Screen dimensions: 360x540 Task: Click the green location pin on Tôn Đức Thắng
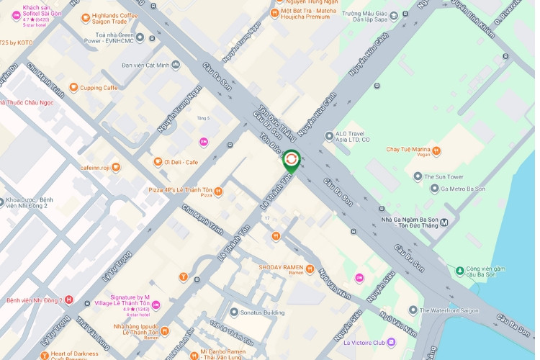click(291, 160)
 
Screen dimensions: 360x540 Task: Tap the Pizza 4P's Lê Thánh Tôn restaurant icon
click(218, 192)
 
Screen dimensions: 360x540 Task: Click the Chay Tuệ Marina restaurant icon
click(437, 152)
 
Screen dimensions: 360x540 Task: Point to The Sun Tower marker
click(418, 176)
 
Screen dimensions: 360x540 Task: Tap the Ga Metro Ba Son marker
click(434, 189)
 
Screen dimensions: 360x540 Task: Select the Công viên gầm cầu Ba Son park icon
click(459, 271)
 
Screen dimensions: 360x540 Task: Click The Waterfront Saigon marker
click(413, 310)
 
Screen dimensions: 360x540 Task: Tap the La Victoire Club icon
click(391, 342)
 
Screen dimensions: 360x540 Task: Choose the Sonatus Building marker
click(234, 312)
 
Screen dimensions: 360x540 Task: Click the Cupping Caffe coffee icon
click(73, 88)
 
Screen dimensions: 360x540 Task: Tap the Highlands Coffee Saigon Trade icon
click(86, 17)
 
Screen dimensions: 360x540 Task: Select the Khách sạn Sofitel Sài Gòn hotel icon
click(16, 15)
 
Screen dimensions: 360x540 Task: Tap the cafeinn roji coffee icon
click(116, 167)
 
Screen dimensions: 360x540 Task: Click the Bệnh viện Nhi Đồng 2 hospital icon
click(69, 300)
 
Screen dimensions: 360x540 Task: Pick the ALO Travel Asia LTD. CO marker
click(329, 135)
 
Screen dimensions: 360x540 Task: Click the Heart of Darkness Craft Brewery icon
click(45, 355)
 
